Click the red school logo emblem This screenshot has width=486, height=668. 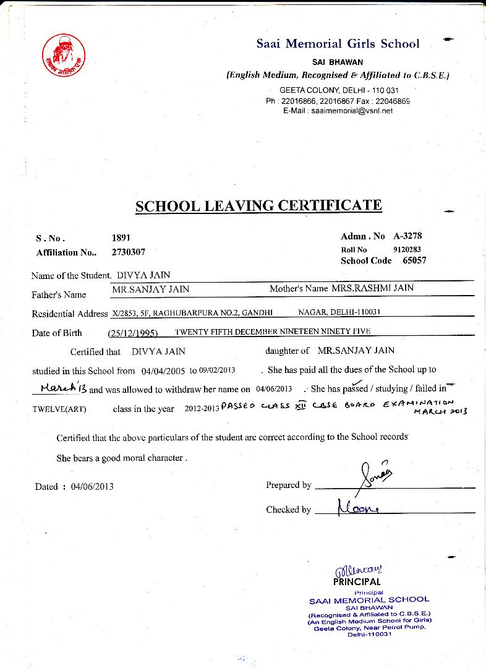[64, 55]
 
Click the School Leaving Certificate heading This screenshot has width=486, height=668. [258, 206]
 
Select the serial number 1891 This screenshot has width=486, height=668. [121, 238]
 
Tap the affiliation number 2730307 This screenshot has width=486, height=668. [129, 252]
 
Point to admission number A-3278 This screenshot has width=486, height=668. [407, 236]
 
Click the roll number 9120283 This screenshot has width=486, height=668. [407, 249]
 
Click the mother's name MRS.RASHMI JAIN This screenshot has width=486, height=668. [373, 288]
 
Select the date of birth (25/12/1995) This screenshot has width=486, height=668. [132, 333]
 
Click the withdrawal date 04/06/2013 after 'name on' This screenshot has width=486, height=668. [273, 389]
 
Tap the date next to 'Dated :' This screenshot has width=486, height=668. [92, 486]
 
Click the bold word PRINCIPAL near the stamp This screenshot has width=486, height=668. [357, 581]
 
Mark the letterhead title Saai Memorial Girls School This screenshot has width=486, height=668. [338, 44]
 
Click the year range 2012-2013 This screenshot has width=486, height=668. [202, 409]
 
